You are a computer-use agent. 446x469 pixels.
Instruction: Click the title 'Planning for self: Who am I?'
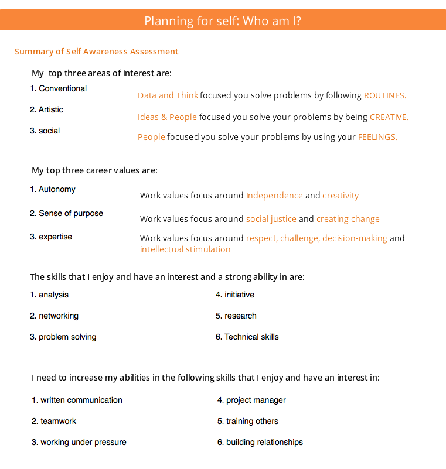click(223, 21)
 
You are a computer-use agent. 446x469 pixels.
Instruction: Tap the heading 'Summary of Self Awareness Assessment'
click(97, 52)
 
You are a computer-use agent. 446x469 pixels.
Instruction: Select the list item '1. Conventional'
click(58, 88)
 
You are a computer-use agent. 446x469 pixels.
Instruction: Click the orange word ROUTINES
click(384, 95)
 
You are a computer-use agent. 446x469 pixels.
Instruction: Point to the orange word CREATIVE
click(389, 117)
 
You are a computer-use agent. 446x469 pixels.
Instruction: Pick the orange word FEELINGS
click(377, 138)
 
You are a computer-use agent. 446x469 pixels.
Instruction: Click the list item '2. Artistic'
click(46, 109)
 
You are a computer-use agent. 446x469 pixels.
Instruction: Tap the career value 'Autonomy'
click(57, 189)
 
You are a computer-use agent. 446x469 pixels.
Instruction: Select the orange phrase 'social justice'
click(271, 219)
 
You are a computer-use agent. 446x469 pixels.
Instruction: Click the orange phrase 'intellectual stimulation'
click(185, 249)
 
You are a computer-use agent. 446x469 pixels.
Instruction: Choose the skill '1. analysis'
click(49, 295)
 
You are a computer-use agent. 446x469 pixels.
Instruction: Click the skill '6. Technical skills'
click(247, 337)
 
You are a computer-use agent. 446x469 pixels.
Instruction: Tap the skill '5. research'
click(236, 316)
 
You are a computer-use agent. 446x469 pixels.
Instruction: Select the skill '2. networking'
click(54, 316)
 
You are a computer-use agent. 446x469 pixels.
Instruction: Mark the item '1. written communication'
click(77, 400)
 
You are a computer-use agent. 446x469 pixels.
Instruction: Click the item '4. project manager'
click(251, 400)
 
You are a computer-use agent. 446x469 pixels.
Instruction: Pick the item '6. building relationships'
click(260, 442)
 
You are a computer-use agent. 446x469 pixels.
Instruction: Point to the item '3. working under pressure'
click(79, 442)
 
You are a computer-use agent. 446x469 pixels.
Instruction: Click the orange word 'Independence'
click(274, 196)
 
